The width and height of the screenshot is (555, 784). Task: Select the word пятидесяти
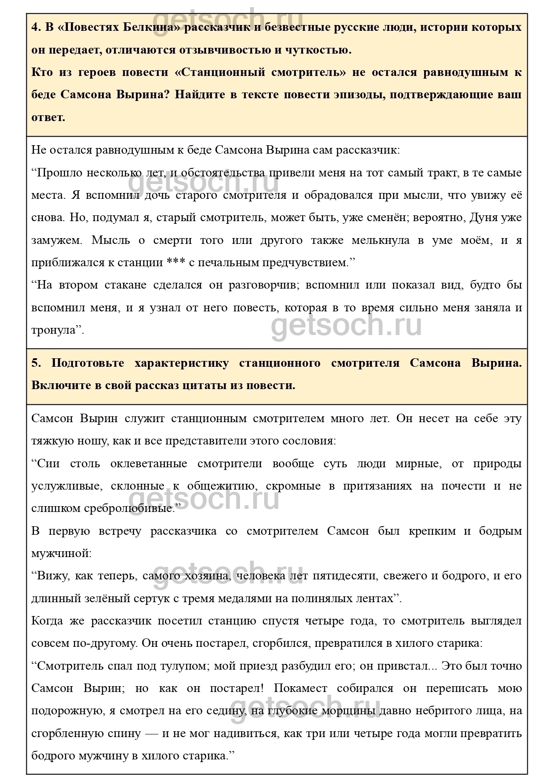click(x=344, y=576)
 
